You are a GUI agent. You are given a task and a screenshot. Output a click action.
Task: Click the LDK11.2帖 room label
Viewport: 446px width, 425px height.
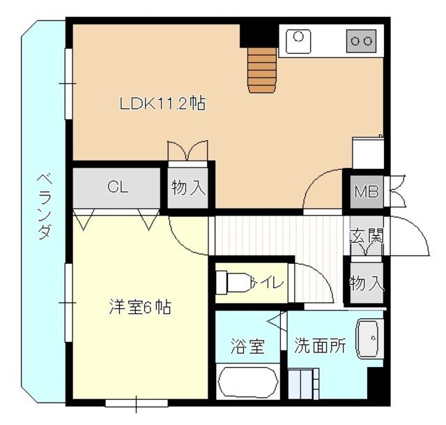click(x=162, y=105)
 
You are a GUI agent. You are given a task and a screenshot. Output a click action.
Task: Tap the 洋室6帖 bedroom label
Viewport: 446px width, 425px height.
click(x=140, y=306)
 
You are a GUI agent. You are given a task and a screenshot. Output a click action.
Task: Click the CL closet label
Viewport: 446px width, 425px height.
click(x=116, y=186)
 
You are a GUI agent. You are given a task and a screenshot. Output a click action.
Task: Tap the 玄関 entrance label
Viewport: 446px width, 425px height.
click(x=367, y=237)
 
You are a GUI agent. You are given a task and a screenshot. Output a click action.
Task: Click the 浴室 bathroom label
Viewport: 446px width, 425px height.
click(x=247, y=346)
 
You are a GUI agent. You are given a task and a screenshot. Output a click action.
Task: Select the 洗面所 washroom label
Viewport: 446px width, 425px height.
click(x=320, y=345)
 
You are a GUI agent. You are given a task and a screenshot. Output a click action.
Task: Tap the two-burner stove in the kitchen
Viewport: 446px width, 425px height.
click(x=361, y=41)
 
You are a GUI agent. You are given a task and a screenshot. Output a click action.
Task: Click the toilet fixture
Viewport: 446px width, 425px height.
click(x=234, y=282)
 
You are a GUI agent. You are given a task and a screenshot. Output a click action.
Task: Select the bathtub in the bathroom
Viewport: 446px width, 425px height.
click(x=248, y=384)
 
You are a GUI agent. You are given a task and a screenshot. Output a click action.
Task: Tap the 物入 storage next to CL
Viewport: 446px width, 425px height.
click(x=188, y=187)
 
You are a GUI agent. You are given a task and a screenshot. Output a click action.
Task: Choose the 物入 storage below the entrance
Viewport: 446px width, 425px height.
click(x=367, y=283)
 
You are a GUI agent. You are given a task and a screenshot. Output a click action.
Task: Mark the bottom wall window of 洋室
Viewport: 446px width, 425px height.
click(x=136, y=403)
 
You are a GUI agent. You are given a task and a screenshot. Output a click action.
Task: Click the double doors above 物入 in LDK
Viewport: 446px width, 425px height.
click(x=187, y=151)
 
